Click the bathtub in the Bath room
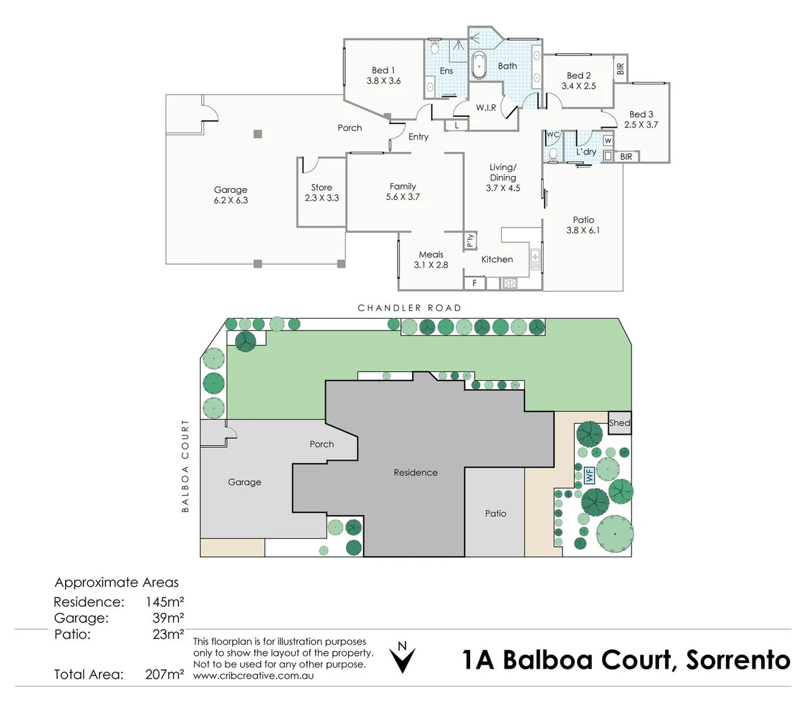[x=479, y=66]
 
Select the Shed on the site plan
[x=619, y=423]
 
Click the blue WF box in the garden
[x=589, y=475]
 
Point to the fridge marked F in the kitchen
[x=475, y=283]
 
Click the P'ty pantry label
[x=470, y=240]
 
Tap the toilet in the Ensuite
[x=434, y=46]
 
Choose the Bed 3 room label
[x=641, y=114]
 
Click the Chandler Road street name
[x=409, y=308]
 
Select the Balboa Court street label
[x=185, y=466]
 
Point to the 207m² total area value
[x=164, y=675]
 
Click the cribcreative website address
[x=253, y=675]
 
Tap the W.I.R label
[x=486, y=108]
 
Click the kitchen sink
[x=535, y=259]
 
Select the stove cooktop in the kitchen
[x=509, y=283]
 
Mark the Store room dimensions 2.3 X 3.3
[x=321, y=198]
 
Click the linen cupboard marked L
[x=456, y=126]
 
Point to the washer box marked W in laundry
[x=608, y=140]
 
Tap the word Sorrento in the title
[x=739, y=660]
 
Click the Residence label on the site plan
[x=415, y=473]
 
